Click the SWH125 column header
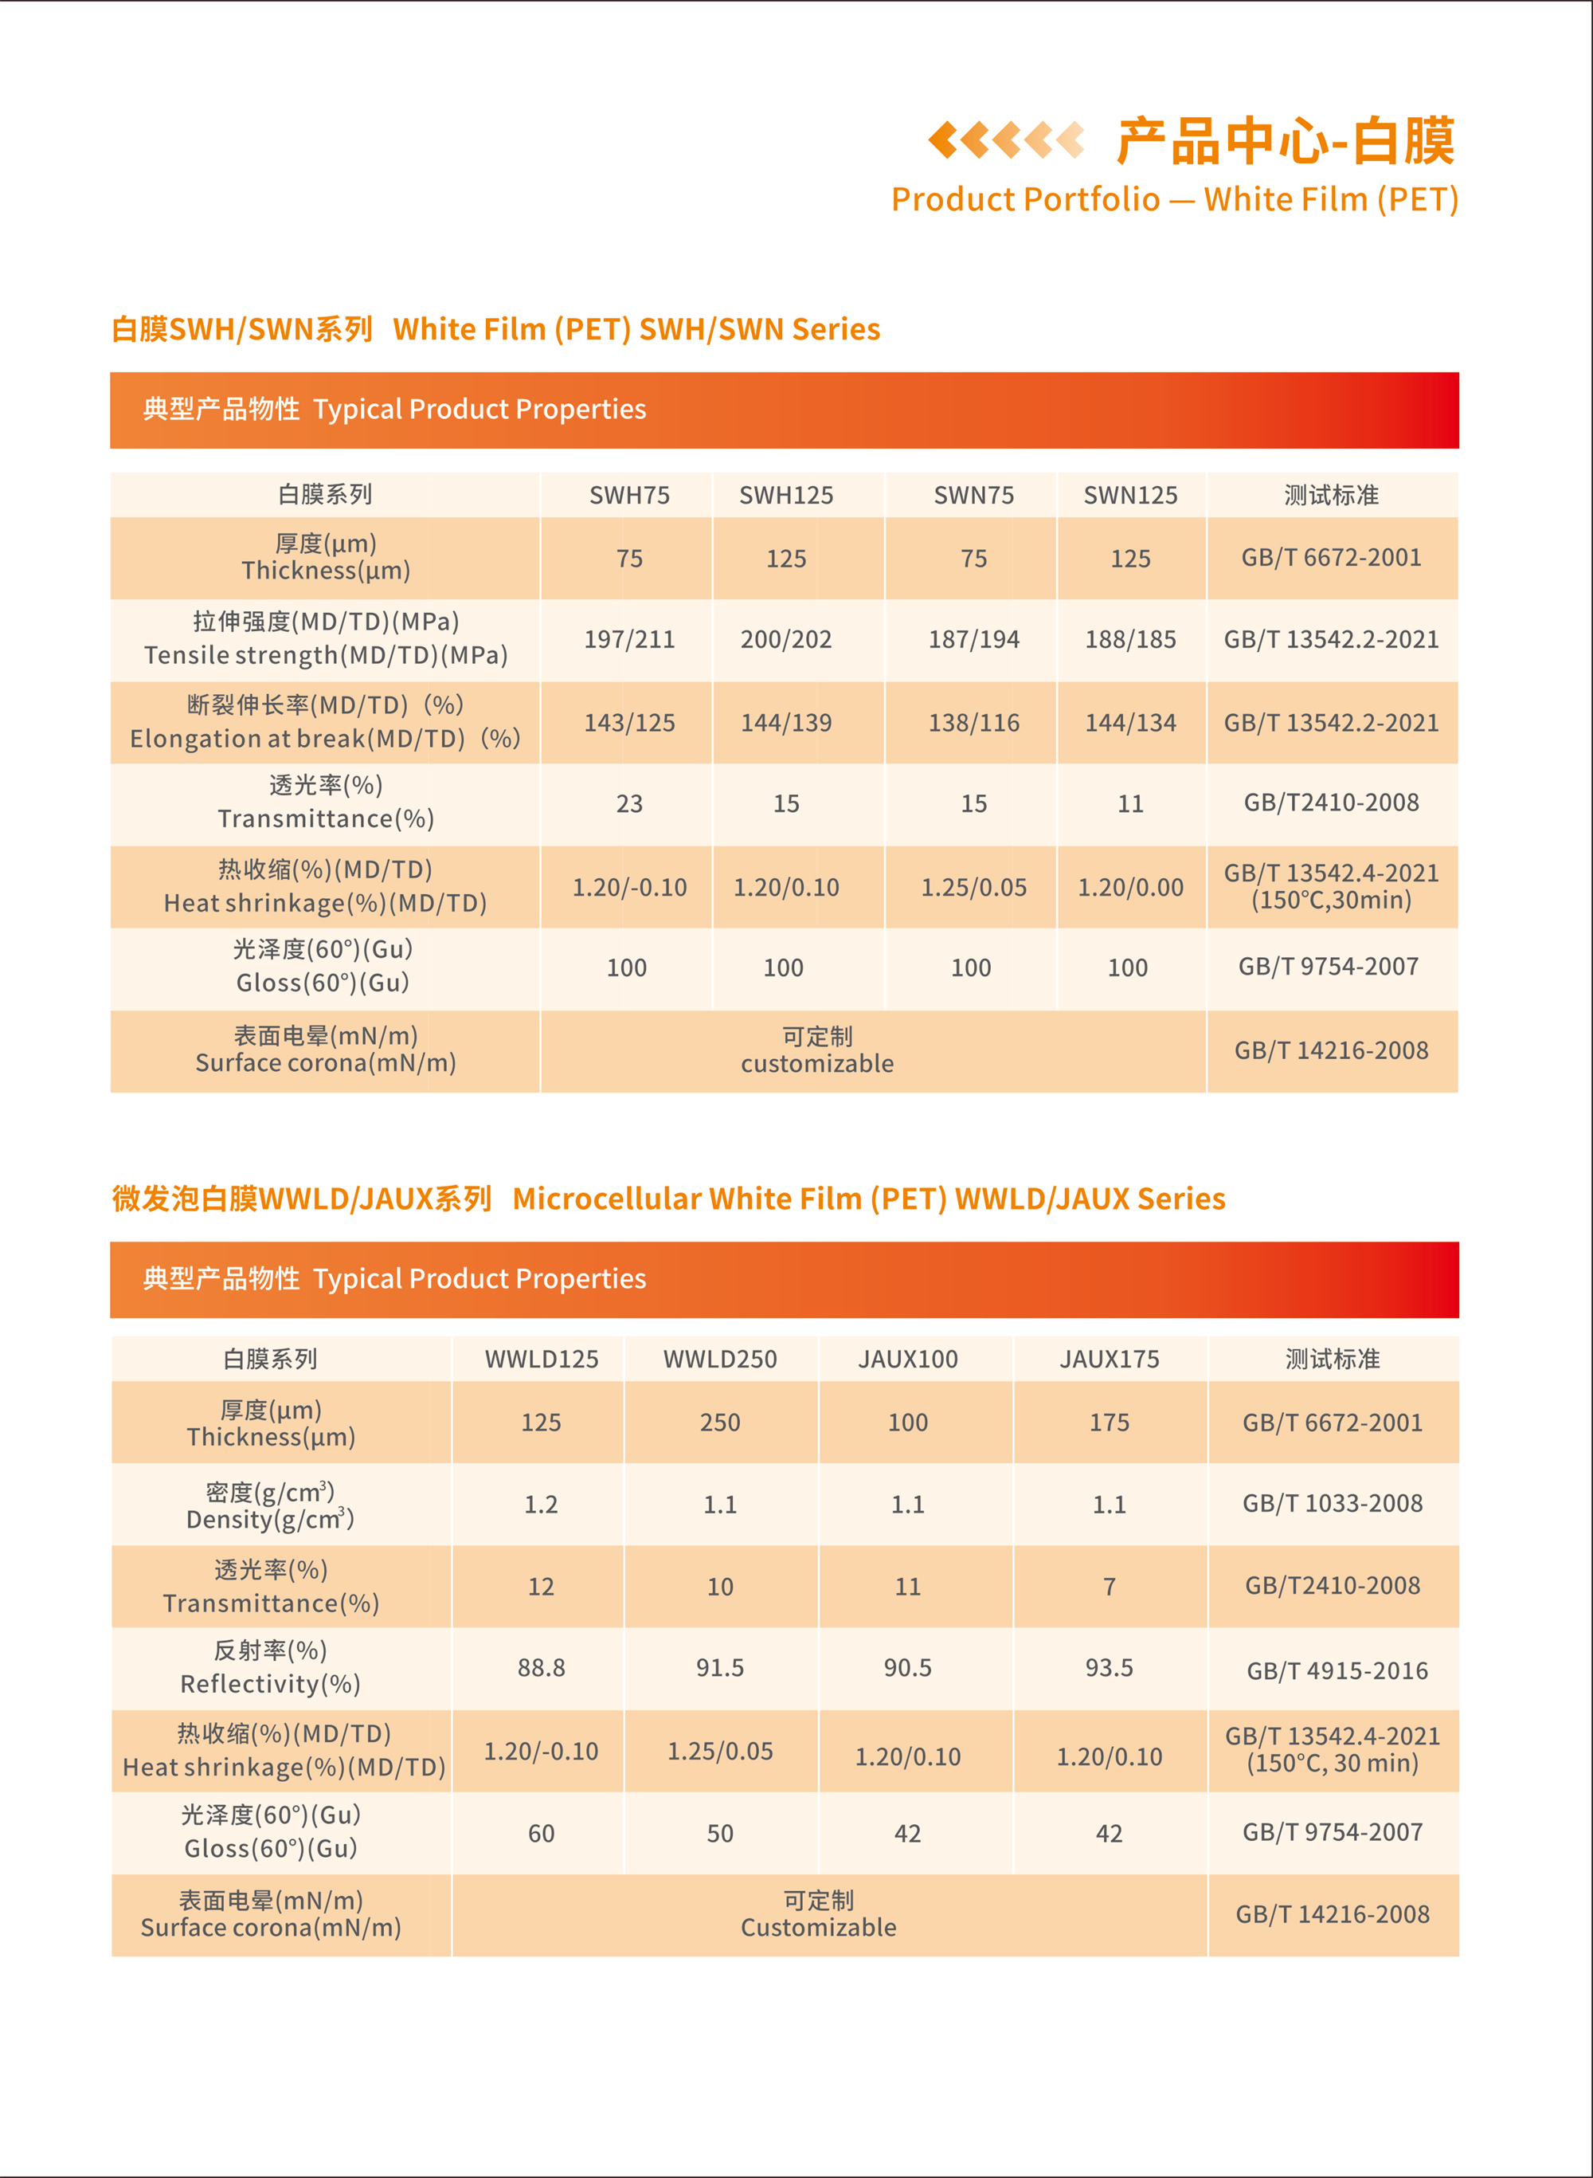coord(786,496)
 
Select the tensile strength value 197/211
coord(630,639)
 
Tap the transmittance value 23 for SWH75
coord(630,803)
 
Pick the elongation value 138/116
coord(974,723)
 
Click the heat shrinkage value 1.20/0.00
coord(1130,888)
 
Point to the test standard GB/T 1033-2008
coord(1332,1503)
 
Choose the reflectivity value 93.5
coord(1109,1668)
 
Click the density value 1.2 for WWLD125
coord(541,1505)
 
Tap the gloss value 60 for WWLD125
coord(541,1834)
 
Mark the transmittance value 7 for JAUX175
coord(1109,1587)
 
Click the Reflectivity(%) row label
coord(270,1683)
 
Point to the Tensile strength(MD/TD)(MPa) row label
coord(326,655)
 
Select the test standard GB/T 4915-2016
coord(1337,1670)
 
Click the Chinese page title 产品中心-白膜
coord(1286,142)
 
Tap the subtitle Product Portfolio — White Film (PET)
coord(1175,200)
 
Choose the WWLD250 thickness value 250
coord(720,1423)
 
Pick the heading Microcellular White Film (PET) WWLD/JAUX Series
coord(868,1199)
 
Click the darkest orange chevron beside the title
coord(943,140)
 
